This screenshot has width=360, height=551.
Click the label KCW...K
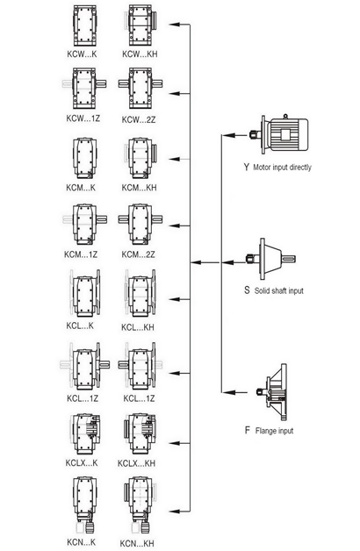click(x=82, y=54)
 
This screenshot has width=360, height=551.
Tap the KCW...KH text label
click(x=140, y=54)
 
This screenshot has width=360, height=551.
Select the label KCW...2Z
click(x=139, y=119)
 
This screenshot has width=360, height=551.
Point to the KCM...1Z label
click(x=81, y=254)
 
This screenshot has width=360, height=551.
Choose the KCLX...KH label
click(x=136, y=463)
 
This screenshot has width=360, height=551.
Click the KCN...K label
click(x=81, y=542)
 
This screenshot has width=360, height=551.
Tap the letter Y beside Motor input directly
click(x=247, y=167)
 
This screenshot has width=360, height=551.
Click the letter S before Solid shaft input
click(x=247, y=290)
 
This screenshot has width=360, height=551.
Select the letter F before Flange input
click(x=248, y=430)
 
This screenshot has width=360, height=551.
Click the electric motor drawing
click(x=280, y=134)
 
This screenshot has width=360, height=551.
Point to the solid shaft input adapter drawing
click(x=271, y=260)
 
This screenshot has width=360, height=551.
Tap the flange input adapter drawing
click(x=272, y=392)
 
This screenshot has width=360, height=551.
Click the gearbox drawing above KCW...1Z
click(x=83, y=89)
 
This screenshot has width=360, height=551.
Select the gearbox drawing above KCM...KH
click(x=140, y=159)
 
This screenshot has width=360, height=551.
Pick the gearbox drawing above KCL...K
click(x=84, y=295)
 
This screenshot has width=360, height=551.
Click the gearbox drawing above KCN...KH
click(x=140, y=505)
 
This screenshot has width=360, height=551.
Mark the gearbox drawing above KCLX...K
click(x=84, y=434)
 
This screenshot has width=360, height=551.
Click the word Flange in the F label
click(x=264, y=431)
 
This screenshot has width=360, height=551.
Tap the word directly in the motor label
click(x=300, y=168)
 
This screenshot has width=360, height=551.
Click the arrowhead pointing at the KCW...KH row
click(x=176, y=25)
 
